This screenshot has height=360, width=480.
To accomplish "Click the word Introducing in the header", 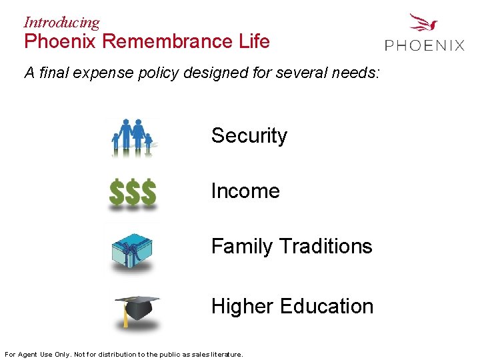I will [61, 22].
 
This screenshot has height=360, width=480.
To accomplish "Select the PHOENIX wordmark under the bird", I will [424, 45].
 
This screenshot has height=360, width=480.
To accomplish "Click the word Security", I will [249, 136].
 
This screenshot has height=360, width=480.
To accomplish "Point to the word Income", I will [245, 191].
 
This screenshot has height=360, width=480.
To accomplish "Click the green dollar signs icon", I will [133, 193].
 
